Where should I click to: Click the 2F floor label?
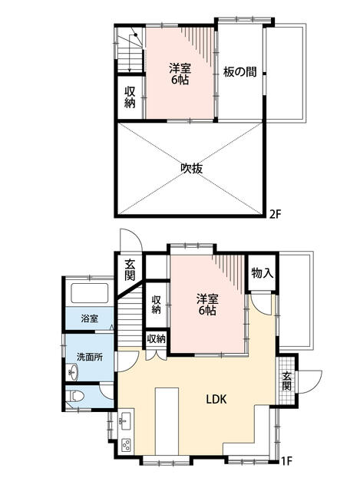(x=276, y=215)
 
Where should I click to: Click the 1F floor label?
(x=286, y=461)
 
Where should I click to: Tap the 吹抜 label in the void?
(x=192, y=169)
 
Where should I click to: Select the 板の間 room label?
(x=239, y=72)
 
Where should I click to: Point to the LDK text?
(x=216, y=399)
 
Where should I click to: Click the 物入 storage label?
(x=263, y=273)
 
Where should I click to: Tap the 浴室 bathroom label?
(x=90, y=319)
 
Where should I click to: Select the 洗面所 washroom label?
(x=90, y=357)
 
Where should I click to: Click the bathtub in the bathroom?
(x=90, y=293)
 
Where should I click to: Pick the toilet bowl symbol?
(x=76, y=396)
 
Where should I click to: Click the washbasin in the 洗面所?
(x=73, y=372)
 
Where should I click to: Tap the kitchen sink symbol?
(x=126, y=421)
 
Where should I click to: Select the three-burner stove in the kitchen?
(x=126, y=445)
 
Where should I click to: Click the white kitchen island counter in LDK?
(x=167, y=421)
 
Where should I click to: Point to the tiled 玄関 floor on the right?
(x=286, y=381)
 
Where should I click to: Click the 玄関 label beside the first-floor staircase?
(x=130, y=270)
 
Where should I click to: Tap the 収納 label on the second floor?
(x=130, y=97)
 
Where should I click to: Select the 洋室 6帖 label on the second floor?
(x=180, y=74)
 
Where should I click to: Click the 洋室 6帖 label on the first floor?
(x=207, y=305)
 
